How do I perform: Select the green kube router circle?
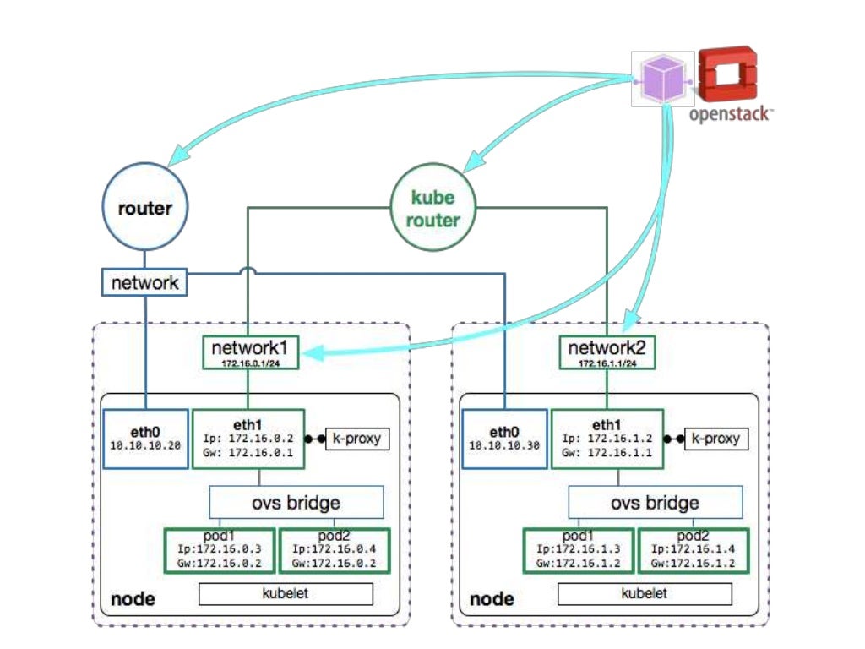tap(433, 209)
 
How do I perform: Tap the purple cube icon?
tap(664, 79)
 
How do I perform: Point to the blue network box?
tap(144, 282)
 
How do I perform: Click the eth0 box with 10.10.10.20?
tap(145, 439)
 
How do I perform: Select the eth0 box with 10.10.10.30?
tap(503, 439)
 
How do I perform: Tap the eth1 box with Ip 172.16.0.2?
tap(248, 439)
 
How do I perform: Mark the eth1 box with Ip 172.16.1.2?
tap(607, 439)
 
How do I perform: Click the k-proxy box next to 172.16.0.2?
tap(356, 439)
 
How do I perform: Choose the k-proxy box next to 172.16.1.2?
tap(715, 439)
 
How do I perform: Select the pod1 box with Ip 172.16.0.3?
tap(219, 551)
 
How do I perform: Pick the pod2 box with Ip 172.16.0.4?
tap(334, 551)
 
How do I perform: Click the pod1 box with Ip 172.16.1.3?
tap(578, 551)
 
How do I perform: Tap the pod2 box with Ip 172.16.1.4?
tap(693, 551)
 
